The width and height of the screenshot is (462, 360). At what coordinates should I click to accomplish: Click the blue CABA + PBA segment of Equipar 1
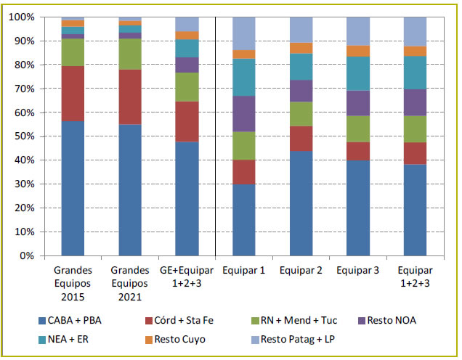tap(243, 220)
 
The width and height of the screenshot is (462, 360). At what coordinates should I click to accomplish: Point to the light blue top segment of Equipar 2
tap(301, 30)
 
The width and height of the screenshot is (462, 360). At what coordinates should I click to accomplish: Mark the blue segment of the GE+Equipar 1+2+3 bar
tap(187, 199)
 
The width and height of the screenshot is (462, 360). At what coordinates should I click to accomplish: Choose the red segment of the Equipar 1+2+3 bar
tap(414, 153)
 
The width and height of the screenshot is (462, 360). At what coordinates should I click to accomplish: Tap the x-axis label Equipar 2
tap(301, 271)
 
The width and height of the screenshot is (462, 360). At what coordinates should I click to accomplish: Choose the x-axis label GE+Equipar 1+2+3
tap(187, 277)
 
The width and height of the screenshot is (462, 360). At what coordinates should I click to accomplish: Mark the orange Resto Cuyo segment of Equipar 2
tap(301, 49)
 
